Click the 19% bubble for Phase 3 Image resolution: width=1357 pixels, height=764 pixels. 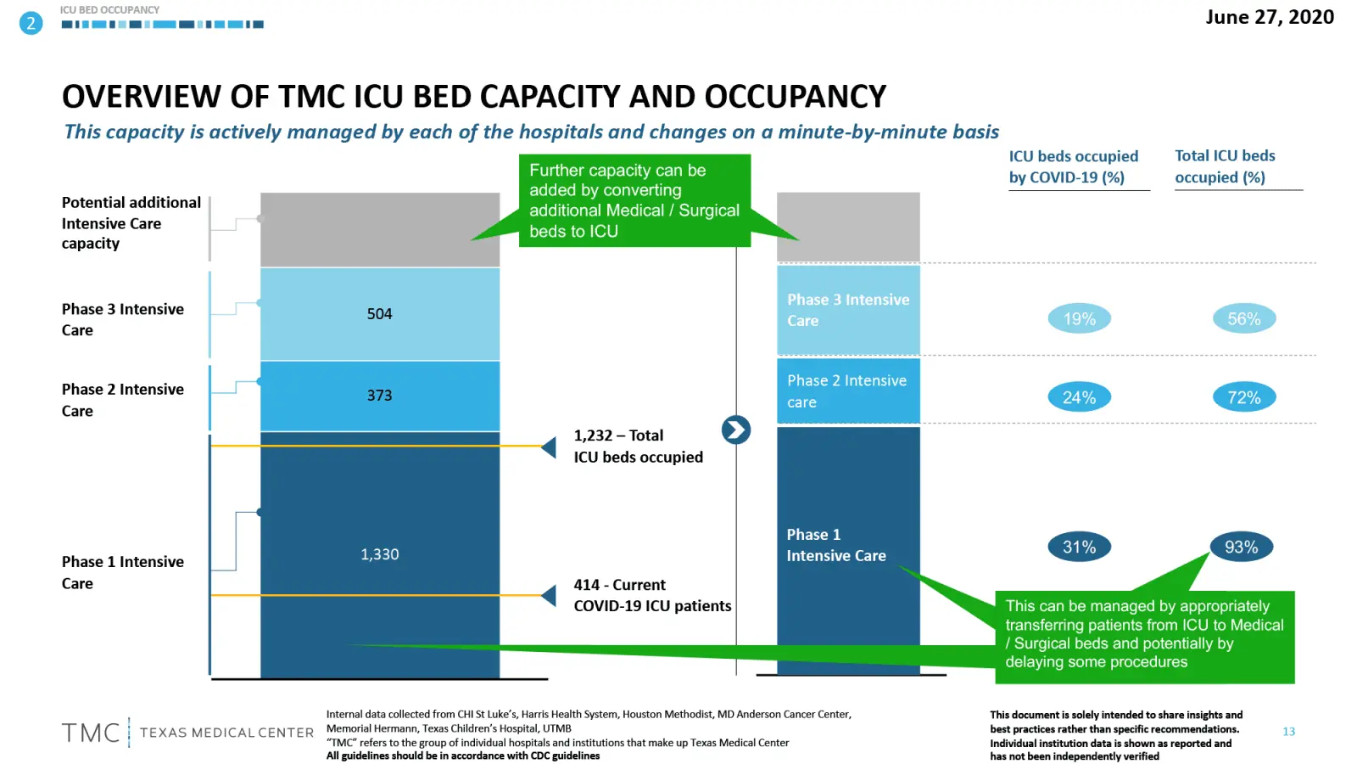[1079, 319]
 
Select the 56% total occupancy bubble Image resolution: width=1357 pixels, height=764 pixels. [1244, 319]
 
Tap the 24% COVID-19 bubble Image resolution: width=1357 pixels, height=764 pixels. [1079, 397]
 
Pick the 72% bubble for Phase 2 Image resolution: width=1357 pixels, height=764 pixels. [1244, 397]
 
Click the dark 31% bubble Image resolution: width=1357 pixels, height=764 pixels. [1079, 548]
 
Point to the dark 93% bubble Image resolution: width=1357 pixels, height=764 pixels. [1242, 548]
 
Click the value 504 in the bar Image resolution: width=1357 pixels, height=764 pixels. [379, 314]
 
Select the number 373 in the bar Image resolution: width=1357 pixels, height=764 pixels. [379, 396]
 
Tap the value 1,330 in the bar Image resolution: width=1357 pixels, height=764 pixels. [379, 554]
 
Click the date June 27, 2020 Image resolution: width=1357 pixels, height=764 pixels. [1269, 17]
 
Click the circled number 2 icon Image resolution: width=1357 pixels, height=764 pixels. [31, 23]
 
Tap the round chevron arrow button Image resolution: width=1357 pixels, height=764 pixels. [735, 430]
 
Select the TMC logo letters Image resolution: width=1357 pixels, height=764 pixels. [91, 733]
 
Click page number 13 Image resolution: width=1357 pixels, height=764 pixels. [1288, 732]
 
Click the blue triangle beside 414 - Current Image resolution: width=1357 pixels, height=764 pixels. [550, 596]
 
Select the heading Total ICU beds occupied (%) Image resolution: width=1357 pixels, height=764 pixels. [1225, 166]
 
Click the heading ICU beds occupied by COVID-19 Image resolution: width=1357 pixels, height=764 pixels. [1074, 166]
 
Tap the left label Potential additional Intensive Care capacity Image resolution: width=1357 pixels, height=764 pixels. [130, 222]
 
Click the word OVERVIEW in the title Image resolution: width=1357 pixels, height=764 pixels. [141, 97]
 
